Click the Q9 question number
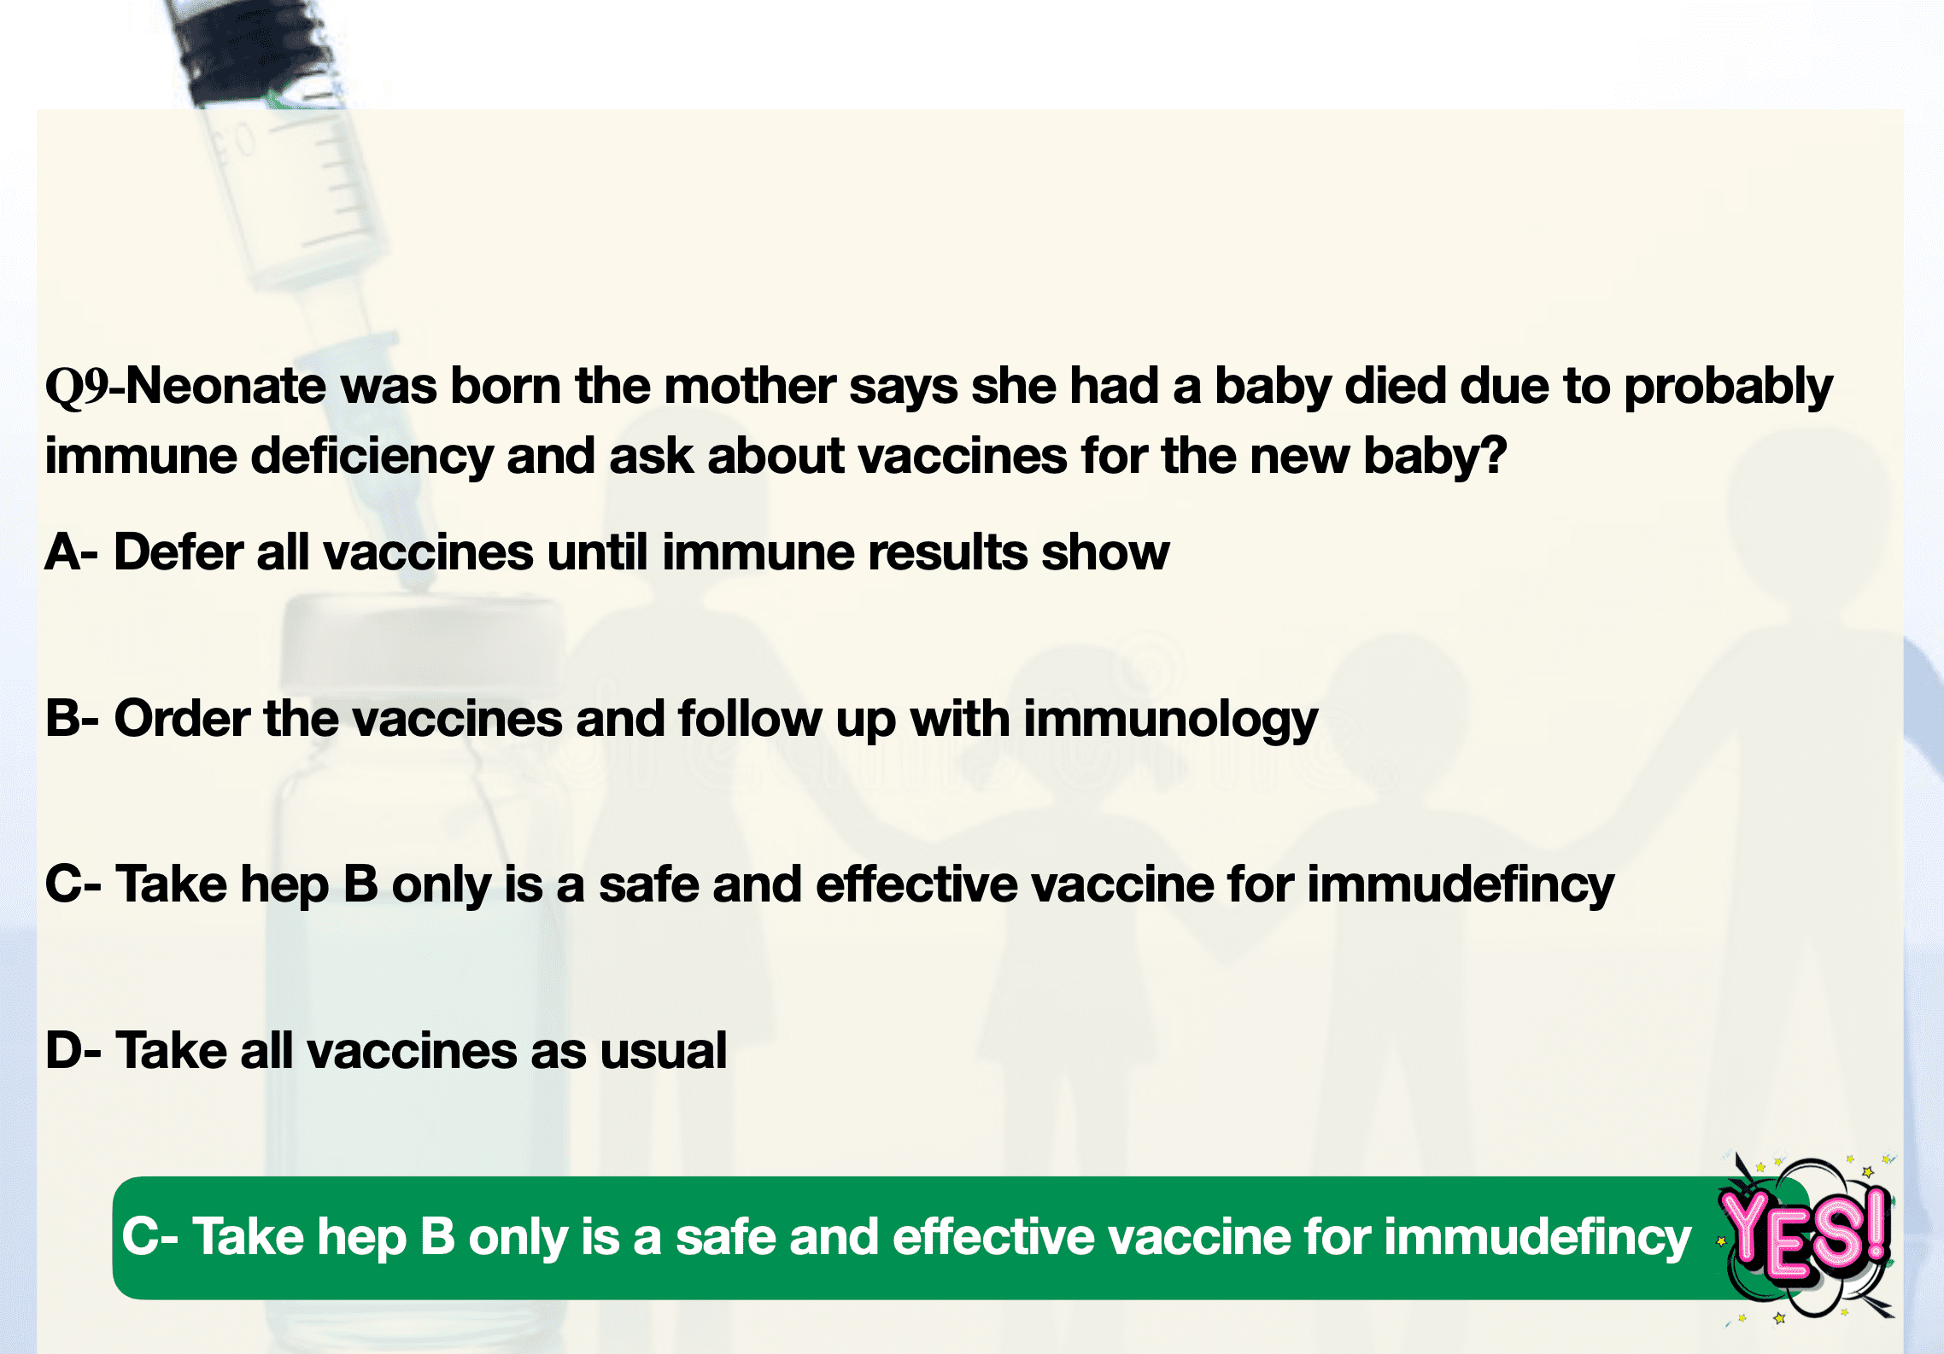(x=77, y=387)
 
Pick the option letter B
(x=62, y=718)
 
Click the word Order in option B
(x=182, y=718)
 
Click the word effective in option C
(x=916, y=884)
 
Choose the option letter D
(x=64, y=1050)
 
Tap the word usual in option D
(x=664, y=1050)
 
